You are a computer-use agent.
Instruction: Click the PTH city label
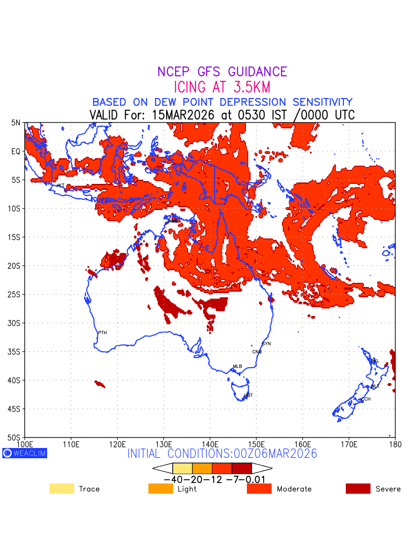tap(102, 333)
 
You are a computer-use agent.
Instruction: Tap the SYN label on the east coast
tap(266, 344)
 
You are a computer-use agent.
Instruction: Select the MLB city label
tap(238, 366)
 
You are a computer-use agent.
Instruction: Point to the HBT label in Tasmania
tap(248, 395)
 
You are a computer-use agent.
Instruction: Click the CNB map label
tap(257, 352)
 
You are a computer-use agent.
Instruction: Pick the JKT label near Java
tap(60, 186)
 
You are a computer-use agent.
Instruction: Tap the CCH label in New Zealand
tap(366, 399)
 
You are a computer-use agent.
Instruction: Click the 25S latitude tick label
tap(16, 294)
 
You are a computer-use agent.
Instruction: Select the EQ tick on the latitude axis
tap(16, 151)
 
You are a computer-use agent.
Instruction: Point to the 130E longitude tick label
tap(164, 443)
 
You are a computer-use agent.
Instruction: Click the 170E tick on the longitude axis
tap(349, 443)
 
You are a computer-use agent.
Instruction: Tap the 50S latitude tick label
tap(16, 438)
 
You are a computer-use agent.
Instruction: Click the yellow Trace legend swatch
tap(62, 489)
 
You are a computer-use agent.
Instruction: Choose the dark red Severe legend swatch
tap(358, 489)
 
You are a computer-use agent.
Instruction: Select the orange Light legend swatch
tap(160, 489)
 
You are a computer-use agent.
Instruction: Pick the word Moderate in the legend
tap(294, 489)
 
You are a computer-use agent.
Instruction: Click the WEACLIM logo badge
tap(25, 453)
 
